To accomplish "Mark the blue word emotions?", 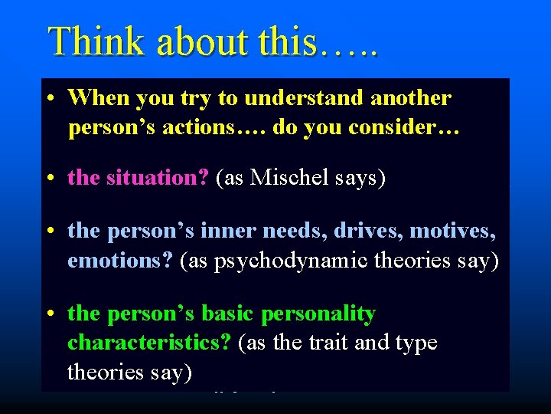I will click(120, 259).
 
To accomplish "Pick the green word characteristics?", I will click(149, 342).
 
